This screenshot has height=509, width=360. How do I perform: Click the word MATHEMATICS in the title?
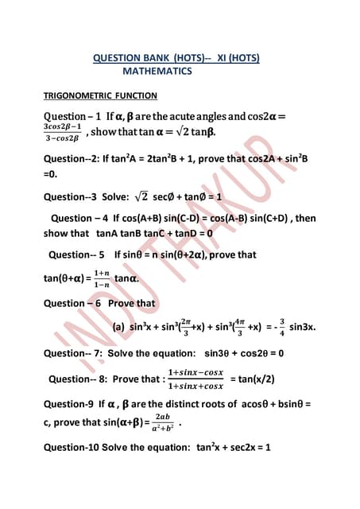157,72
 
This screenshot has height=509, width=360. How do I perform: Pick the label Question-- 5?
76,255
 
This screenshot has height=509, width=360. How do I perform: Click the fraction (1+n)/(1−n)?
101,278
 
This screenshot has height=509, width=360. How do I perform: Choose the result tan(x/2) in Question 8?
253,379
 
